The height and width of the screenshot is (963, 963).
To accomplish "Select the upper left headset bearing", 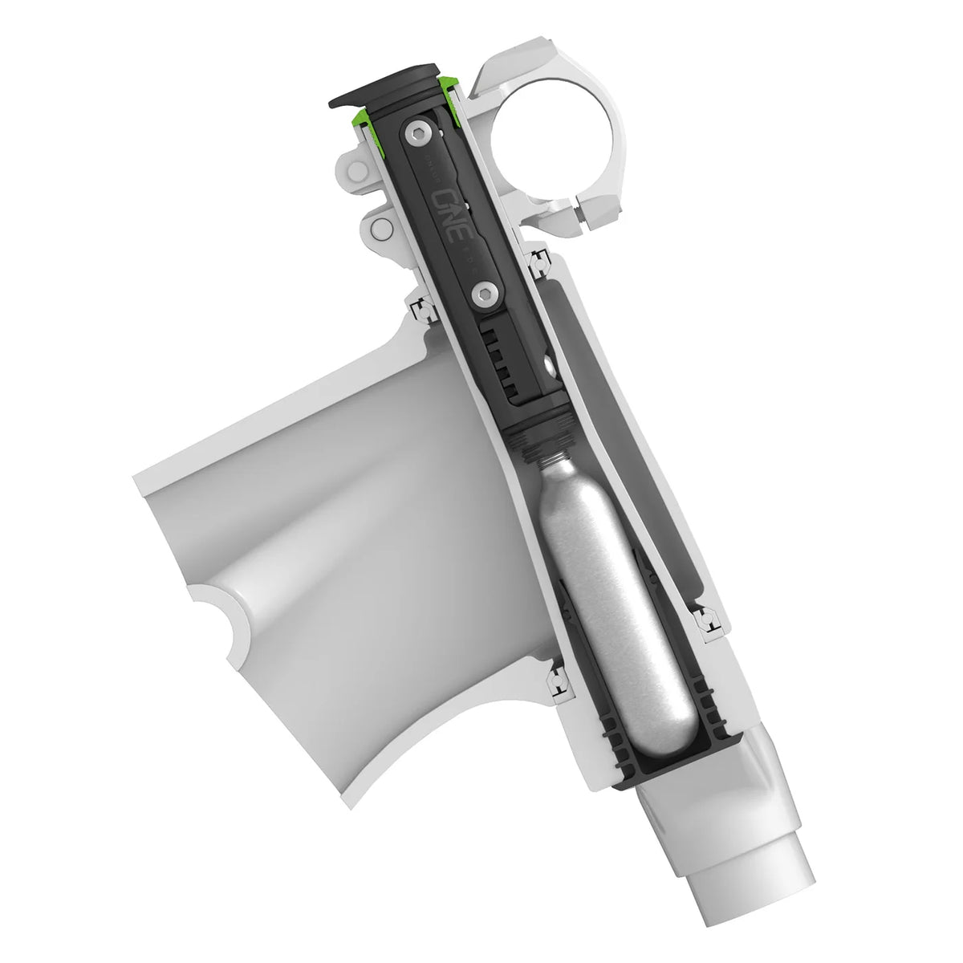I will coord(419,307).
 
